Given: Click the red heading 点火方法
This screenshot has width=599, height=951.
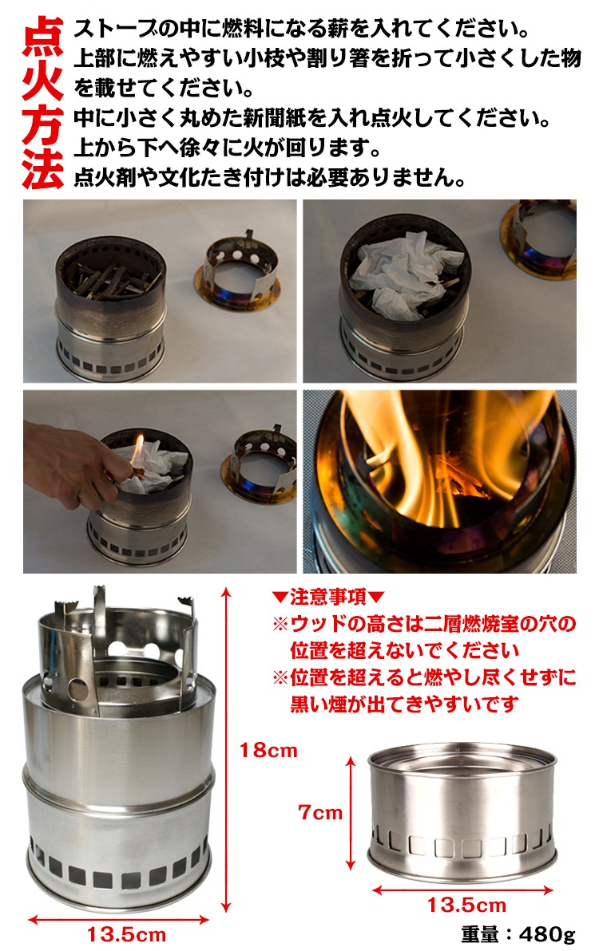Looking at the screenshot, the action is [42, 103].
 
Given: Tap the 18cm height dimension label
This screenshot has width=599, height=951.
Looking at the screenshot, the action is [268, 750].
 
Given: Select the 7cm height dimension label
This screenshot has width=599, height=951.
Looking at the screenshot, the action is [320, 812].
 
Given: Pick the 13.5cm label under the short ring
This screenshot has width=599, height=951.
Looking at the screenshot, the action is [466, 906].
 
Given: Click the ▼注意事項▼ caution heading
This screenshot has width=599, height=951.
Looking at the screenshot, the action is [328, 597].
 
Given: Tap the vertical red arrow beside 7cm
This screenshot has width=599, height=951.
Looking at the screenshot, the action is [351, 813].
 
